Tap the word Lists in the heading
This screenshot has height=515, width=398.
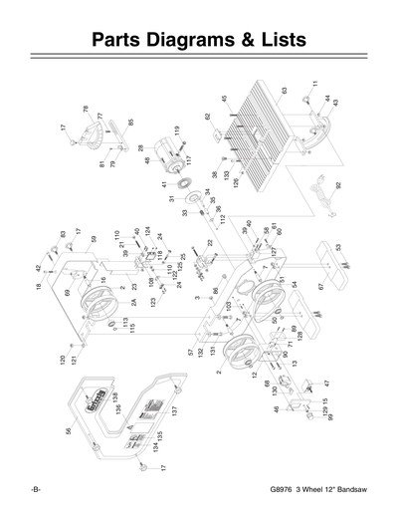277,41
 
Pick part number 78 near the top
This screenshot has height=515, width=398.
87,109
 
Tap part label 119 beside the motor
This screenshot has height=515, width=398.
176,130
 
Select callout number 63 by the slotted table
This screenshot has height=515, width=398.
284,92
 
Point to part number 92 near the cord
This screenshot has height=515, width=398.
338,184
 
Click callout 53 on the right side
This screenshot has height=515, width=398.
337,247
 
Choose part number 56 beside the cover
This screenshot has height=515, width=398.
69,431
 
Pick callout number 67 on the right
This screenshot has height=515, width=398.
320,287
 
